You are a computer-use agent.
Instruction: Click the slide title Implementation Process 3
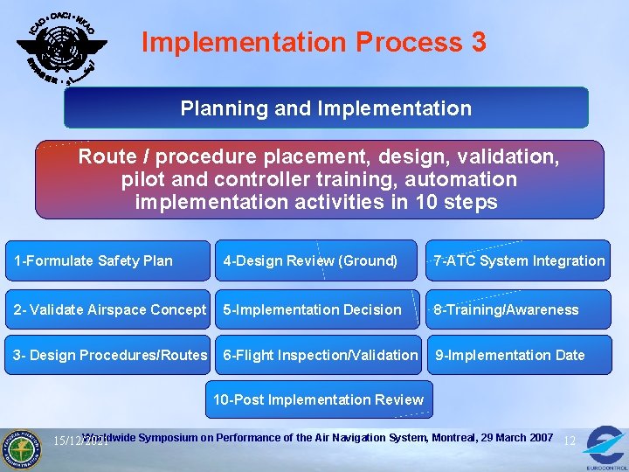click(314, 42)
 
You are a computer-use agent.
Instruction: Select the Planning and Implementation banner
click(326, 108)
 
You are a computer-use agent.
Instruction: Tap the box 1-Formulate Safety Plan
click(107, 260)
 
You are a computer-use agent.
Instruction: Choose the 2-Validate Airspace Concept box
click(107, 309)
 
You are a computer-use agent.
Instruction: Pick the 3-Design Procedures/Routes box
click(107, 355)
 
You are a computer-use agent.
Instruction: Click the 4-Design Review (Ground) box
click(316, 260)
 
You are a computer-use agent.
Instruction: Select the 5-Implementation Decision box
click(316, 309)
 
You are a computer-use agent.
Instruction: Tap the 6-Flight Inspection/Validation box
click(320, 355)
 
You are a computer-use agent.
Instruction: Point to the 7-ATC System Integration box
click(519, 260)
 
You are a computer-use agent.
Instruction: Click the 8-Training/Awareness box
click(519, 309)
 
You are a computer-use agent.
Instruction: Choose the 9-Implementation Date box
click(519, 355)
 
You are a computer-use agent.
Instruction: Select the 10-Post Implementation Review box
click(319, 399)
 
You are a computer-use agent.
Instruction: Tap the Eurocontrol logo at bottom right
click(605, 446)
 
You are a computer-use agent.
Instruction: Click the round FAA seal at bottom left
click(24, 448)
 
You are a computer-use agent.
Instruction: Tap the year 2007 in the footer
click(538, 437)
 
